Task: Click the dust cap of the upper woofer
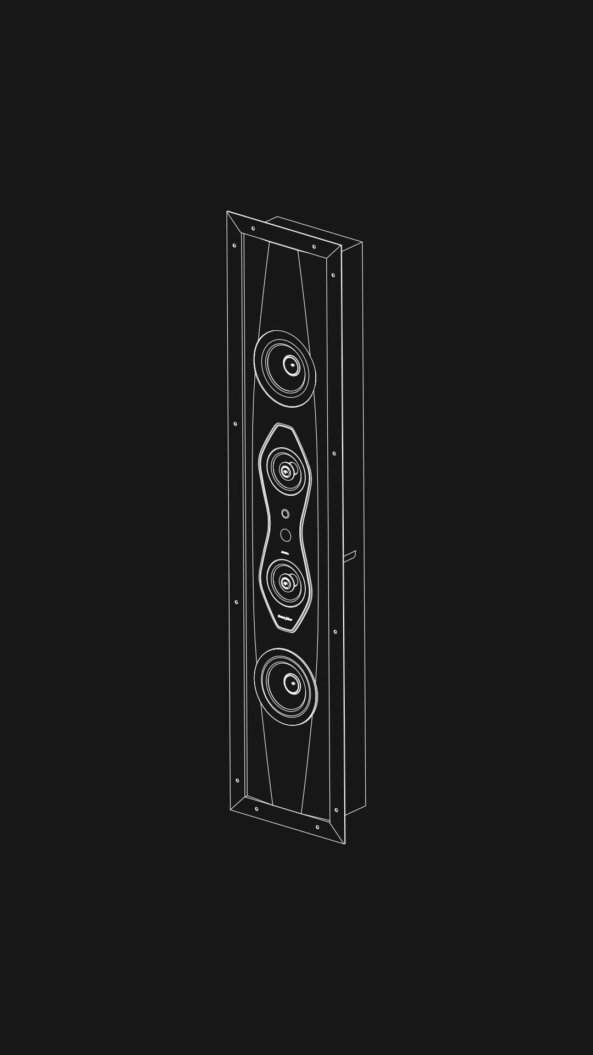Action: (291, 365)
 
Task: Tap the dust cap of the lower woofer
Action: (292, 684)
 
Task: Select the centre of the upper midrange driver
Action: (286, 470)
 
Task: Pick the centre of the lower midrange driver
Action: (286, 582)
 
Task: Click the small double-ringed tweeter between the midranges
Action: (285, 514)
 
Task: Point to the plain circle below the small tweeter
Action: (286, 534)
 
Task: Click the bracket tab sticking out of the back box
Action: (350, 556)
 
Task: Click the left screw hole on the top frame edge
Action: (253, 229)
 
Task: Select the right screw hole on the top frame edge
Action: (314, 247)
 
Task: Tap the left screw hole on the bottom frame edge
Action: (256, 809)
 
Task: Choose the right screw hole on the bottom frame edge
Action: (317, 827)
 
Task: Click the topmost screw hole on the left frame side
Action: (234, 246)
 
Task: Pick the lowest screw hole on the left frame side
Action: (237, 780)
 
